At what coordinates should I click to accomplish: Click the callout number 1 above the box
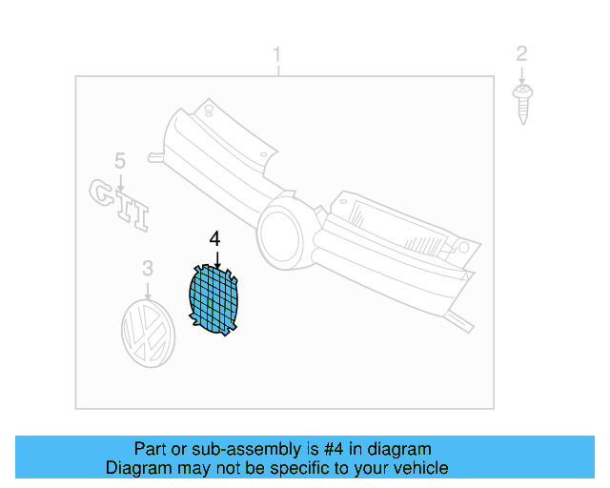point(277,52)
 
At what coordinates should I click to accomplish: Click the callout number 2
point(521,52)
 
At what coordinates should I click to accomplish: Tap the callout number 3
point(148,270)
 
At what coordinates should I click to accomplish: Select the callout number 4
point(215,239)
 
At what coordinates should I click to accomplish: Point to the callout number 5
point(120,160)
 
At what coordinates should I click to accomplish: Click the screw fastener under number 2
point(521,102)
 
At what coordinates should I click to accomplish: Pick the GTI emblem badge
point(120,203)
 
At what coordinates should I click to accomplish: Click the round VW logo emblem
point(149,333)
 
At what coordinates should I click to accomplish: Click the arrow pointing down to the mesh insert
point(216,259)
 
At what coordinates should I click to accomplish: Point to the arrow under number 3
point(148,290)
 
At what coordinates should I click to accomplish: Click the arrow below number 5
point(120,177)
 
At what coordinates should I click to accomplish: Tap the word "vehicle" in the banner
point(420,468)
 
